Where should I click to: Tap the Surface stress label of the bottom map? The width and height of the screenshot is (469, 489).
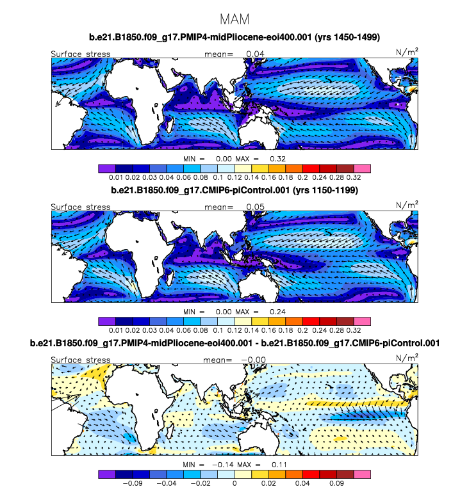click(81, 360)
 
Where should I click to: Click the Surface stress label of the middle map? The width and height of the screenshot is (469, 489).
click(81, 207)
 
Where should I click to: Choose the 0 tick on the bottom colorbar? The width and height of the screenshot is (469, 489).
click(234, 483)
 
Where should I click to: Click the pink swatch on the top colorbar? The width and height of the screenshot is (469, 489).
click(362, 168)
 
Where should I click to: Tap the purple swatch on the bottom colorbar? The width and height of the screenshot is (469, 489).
click(107, 474)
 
